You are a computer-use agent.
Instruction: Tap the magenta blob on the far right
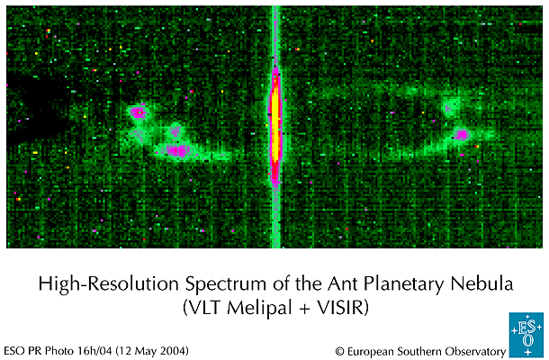462,135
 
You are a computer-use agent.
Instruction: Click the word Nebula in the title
486,284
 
